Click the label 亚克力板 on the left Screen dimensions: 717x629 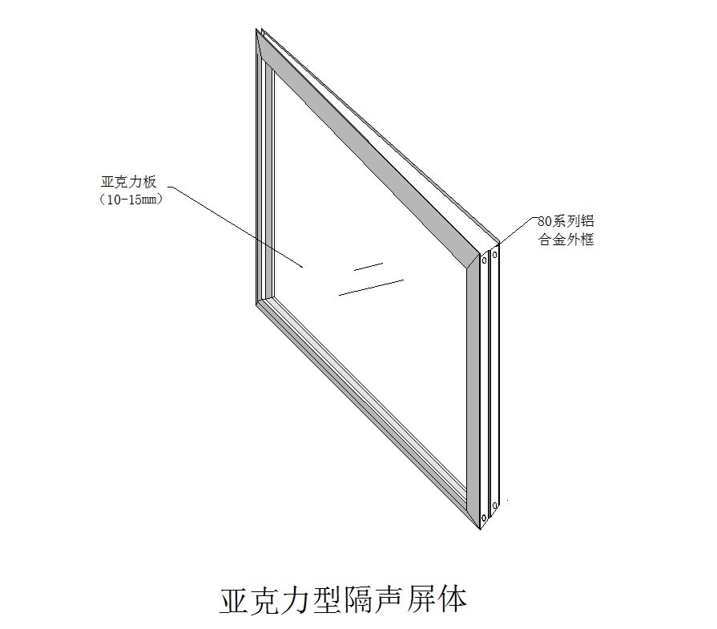[x=129, y=182]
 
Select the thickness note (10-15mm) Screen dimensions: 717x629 [x=131, y=200]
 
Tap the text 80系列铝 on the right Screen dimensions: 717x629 [x=566, y=221]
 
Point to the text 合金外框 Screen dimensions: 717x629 [x=566, y=240]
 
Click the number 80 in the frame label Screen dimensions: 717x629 [x=545, y=222]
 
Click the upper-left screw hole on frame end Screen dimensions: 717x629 [x=484, y=261]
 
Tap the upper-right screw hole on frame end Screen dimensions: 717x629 [x=495, y=254]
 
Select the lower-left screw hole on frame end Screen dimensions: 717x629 [x=484, y=518]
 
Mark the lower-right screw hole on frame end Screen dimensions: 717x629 [x=495, y=506]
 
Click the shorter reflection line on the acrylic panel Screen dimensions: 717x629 [x=369, y=267]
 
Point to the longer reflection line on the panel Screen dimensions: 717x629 [x=371, y=288]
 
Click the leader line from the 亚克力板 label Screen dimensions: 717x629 [x=236, y=227]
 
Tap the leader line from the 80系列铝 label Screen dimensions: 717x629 [x=518, y=231]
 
